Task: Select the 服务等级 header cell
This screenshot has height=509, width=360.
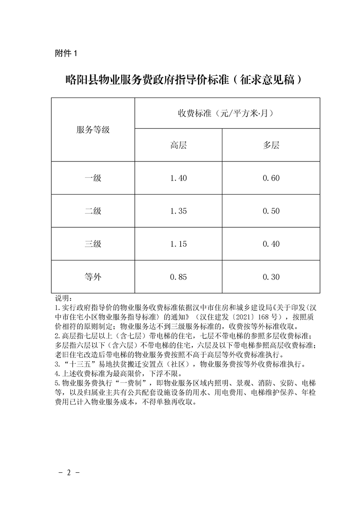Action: coord(93,129)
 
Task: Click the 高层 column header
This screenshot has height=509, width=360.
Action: coord(178,145)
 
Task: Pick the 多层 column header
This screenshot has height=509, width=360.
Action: coord(271,145)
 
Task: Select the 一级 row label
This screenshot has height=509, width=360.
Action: coord(93,178)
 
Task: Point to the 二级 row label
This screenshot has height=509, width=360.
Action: coord(93,211)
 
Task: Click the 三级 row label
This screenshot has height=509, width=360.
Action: coord(93,244)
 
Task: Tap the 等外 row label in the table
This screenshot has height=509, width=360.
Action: coord(93,277)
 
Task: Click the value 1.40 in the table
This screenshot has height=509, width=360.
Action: coord(178,178)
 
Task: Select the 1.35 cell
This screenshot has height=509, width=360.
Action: coord(178,211)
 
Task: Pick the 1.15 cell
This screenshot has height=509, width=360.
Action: coord(178,244)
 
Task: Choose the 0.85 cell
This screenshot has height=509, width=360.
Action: coord(178,277)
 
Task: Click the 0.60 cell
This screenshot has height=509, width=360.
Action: coord(271,178)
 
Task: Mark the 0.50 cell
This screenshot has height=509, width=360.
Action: coord(271,211)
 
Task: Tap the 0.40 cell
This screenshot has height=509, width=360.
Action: coord(271,244)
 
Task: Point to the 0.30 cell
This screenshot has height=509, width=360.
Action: coord(271,277)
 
